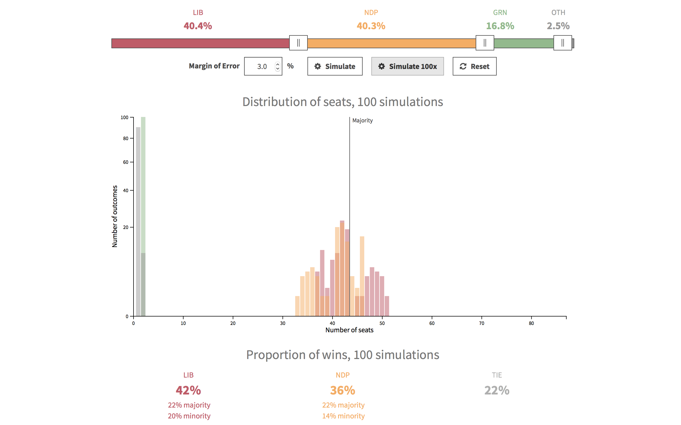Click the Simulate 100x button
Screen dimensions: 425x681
pos(407,66)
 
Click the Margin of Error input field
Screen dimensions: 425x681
pos(260,66)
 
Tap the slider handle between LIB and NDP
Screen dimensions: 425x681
pos(298,43)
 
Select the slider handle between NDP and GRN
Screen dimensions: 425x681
pos(484,43)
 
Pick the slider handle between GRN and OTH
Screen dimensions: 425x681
pos(562,43)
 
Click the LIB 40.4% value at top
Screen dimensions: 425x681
pos(198,26)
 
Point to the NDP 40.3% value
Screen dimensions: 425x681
pos(371,26)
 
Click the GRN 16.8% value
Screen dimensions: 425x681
pos(500,26)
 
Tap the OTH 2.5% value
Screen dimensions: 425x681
pos(558,26)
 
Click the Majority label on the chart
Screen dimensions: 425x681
pos(362,120)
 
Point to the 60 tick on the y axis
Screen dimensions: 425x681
pos(126,162)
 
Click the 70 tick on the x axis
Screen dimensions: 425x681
pos(481,323)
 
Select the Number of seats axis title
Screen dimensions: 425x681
pos(349,330)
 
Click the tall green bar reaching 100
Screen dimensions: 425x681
pos(143,183)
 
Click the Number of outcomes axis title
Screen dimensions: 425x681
pos(115,216)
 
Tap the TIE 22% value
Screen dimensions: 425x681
pos(497,390)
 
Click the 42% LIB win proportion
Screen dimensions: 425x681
pos(188,390)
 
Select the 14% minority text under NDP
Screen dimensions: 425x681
pos(343,416)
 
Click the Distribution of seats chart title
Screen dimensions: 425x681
pos(343,102)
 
